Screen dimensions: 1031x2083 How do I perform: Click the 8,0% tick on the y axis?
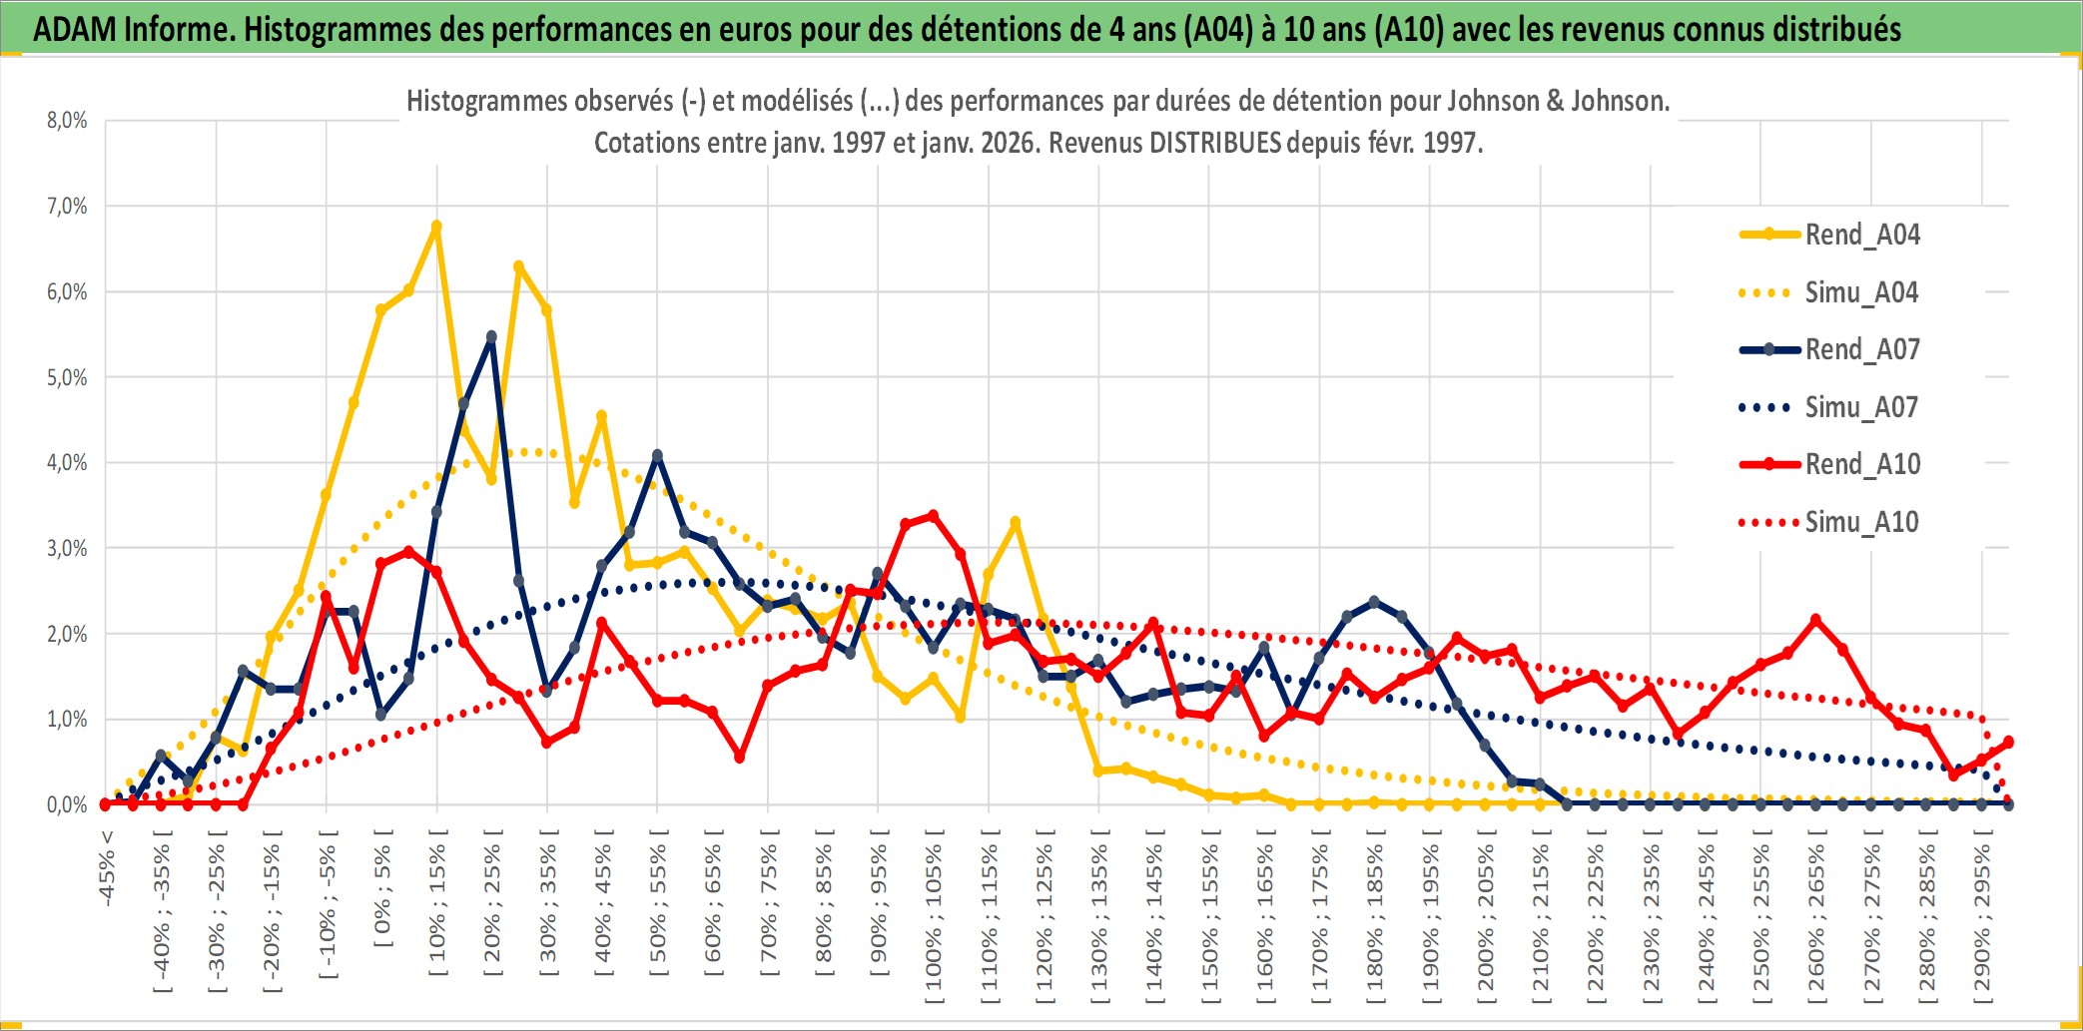pyautogui.click(x=67, y=121)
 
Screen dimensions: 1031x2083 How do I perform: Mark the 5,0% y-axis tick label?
pyautogui.click(x=67, y=377)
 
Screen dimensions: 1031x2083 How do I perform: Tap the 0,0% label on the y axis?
pyautogui.click(x=67, y=804)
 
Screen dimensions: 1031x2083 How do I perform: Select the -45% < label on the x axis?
pyautogui.click(x=107, y=868)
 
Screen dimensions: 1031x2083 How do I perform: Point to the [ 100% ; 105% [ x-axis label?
pyautogui.click(x=934, y=918)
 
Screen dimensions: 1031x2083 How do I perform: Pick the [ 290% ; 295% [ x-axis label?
pyautogui.click(x=1982, y=918)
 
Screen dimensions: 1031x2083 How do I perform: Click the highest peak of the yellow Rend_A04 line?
pyautogui.click(x=436, y=227)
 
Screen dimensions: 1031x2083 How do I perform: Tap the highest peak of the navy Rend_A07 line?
pyautogui.click(x=491, y=337)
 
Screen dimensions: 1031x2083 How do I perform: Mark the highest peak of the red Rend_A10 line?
pyautogui.click(x=933, y=516)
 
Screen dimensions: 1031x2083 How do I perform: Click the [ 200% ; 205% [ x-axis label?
pyautogui.click(x=1486, y=918)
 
